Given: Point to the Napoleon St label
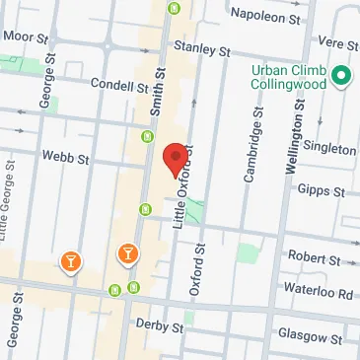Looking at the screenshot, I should (264, 16).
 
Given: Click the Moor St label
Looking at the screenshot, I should (25, 36).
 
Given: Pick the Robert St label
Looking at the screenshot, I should (314, 258).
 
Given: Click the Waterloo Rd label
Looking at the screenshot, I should (323, 294).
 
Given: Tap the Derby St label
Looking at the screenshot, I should (161, 326).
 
